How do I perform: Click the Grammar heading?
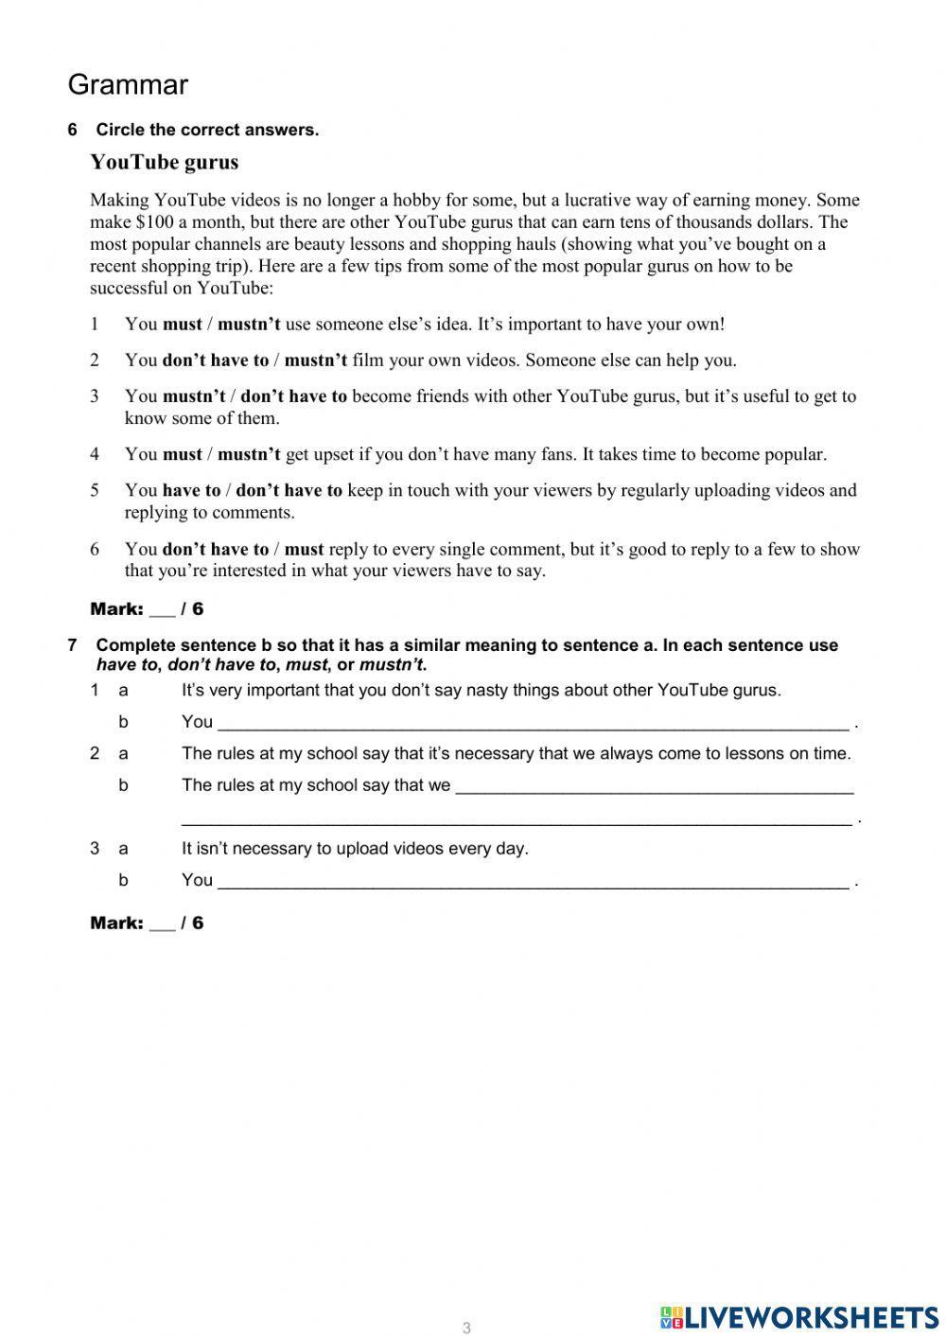128,85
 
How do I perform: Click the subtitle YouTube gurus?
164,162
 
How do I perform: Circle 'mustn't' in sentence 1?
249,325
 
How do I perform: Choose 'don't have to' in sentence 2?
216,361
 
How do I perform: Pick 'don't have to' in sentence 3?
294,396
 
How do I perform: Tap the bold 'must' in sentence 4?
183,455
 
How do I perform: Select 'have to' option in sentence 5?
191,491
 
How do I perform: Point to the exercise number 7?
72,645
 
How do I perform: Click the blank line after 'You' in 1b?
533,724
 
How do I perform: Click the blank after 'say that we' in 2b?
654,787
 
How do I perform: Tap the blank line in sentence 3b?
533,882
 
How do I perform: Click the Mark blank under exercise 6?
162,610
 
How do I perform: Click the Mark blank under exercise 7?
162,924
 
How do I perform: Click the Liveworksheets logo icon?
672,1316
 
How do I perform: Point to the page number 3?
466,1328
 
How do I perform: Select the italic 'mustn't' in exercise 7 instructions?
391,664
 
